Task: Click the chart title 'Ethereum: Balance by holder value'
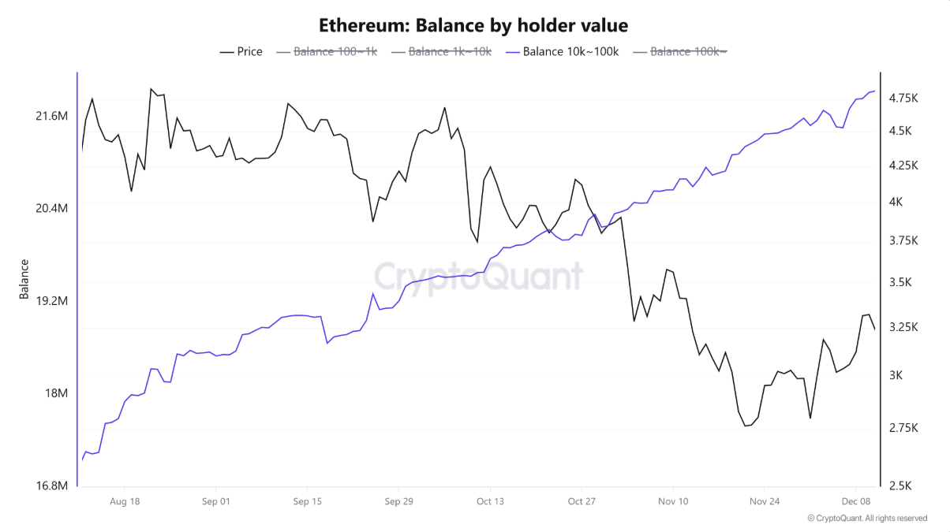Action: [473, 25]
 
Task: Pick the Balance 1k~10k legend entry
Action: [442, 52]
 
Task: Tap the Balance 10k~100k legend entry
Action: [563, 52]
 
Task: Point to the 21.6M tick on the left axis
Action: [52, 117]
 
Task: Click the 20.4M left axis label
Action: [52, 208]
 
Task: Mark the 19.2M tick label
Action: [52, 301]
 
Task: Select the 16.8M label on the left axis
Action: [52, 485]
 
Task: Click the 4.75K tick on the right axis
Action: [903, 99]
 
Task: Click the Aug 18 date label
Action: [125, 501]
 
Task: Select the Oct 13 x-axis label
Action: [490, 501]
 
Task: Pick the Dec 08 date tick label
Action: [855, 501]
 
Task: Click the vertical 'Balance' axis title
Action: [24, 279]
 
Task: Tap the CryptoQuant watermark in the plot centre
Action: [478, 277]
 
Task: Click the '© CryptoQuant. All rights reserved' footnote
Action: [867, 519]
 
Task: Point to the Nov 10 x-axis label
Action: [672, 501]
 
